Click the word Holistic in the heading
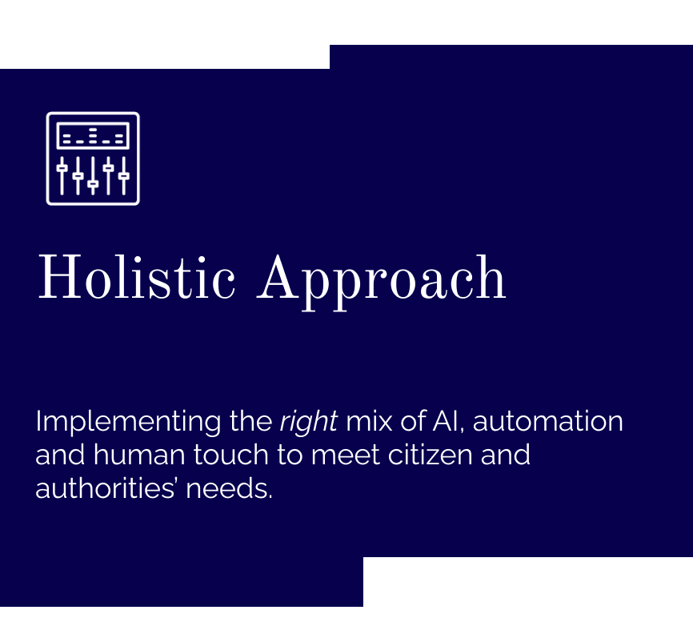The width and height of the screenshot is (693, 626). click(137, 277)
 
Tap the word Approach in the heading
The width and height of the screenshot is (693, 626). click(382, 283)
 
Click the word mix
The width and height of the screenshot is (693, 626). click(369, 421)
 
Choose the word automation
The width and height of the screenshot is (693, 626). click(548, 421)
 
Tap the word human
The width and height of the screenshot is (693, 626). click(139, 455)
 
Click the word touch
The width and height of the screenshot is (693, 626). click(231, 455)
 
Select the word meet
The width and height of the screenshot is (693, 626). click(346, 455)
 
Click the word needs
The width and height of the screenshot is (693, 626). click(229, 488)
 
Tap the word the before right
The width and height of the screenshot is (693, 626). click(251, 421)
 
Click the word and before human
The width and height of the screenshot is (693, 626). click(60, 455)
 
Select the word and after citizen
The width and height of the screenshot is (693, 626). click(505, 455)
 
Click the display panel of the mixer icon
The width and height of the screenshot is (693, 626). click(93, 136)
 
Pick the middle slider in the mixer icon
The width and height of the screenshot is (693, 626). click(93, 176)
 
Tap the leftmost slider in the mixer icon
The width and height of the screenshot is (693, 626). click(62, 176)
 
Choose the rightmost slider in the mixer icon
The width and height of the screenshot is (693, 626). click(124, 176)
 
